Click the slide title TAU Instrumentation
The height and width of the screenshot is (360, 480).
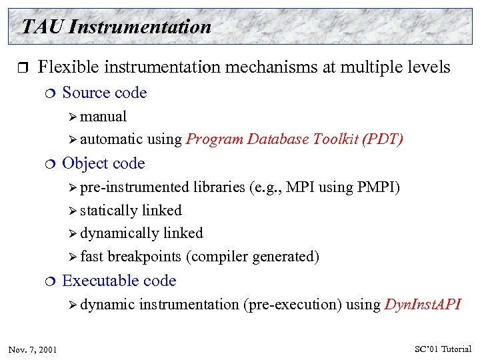(116, 27)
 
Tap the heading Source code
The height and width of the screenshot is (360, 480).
(104, 93)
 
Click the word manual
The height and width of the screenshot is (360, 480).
(103, 117)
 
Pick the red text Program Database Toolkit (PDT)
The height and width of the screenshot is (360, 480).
(295, 139)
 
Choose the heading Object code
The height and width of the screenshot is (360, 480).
(103, 163)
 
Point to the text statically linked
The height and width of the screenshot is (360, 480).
(131, 211)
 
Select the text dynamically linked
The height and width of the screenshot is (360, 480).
(141, 233)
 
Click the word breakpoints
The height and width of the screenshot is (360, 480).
(144, 257)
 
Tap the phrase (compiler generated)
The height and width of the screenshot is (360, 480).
(253, 257)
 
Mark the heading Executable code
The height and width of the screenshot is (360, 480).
(119, 281)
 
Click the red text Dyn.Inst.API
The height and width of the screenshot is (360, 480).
(423, 305)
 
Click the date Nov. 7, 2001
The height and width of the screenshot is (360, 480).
(33, 349)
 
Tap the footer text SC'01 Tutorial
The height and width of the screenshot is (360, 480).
(443, 349)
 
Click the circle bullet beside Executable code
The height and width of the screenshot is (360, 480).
(51, 281)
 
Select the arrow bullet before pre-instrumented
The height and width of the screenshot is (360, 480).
(73, 188)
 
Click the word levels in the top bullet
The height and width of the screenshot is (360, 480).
(429, 67)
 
